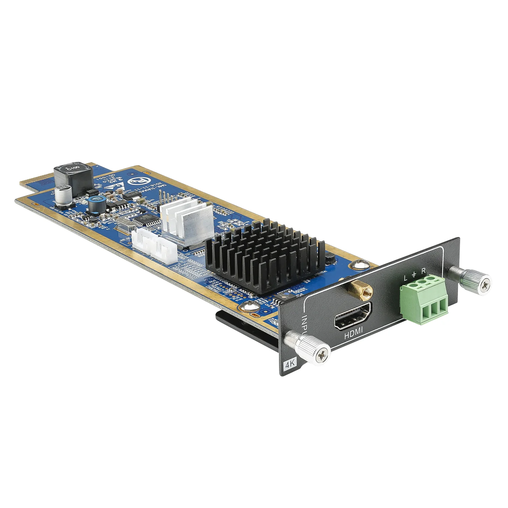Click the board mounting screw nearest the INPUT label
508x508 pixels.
point(251,307)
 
